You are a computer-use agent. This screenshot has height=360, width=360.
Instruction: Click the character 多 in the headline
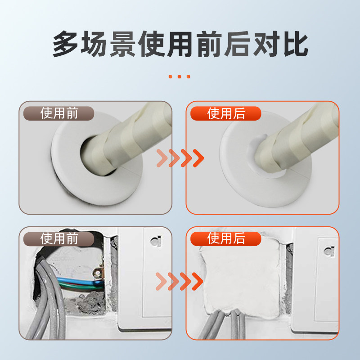[68, 44]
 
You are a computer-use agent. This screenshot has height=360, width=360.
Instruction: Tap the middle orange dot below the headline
[180, 76]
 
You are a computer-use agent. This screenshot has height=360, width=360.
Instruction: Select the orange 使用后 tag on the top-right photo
[226, 113]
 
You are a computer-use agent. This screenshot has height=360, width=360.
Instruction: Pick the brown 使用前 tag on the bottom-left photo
[59, 238]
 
